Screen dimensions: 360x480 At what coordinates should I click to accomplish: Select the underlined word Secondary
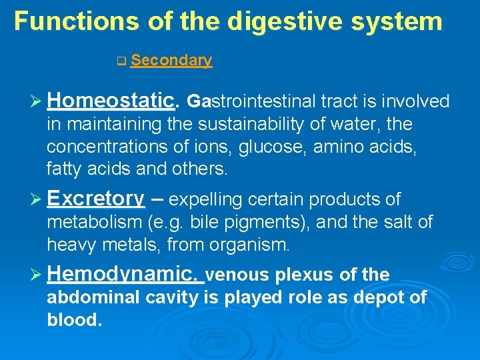(171, 61)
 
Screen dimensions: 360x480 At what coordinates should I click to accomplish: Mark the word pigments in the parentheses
(247, 222)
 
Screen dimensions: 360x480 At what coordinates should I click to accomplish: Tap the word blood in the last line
(73, 320)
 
